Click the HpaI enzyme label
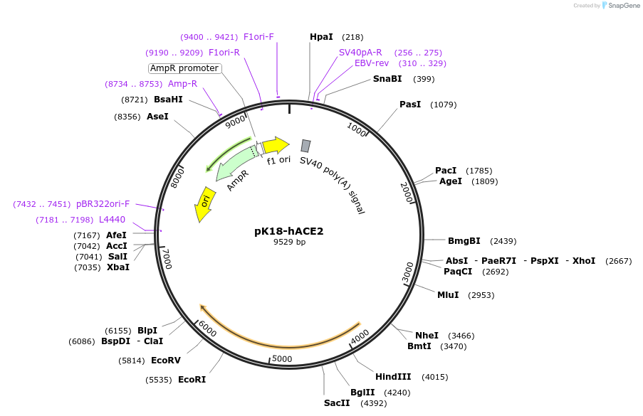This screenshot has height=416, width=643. tap(321, 37)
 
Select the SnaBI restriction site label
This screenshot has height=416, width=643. tap(387, 79)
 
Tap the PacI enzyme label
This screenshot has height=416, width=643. tap(446, 171)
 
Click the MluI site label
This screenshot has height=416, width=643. tap(448, 295)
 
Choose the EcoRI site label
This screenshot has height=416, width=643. tap(192, 380)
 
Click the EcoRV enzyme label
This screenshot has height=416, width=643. tap(166, 361)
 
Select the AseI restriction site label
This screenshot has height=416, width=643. tap(157, 117)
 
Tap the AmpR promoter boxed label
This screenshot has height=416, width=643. tap(185, 68)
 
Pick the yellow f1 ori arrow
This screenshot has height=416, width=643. tap(276, 145)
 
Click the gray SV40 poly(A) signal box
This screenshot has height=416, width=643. tap(305, 146)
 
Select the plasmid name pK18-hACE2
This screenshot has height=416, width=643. tap(289, 231)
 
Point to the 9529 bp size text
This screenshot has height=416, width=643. tap(289, 242)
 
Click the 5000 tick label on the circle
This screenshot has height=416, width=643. tap(283, 358)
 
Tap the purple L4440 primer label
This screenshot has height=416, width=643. tap(112, 220)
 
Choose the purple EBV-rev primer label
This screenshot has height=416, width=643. tap(372, 63)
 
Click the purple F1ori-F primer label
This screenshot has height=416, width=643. tap(258, 37)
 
